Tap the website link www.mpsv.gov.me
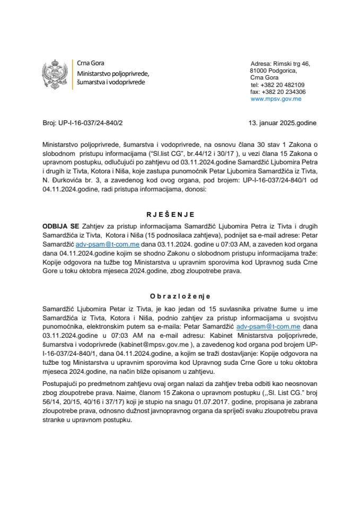pyautogui.click(x=276, y=99)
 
